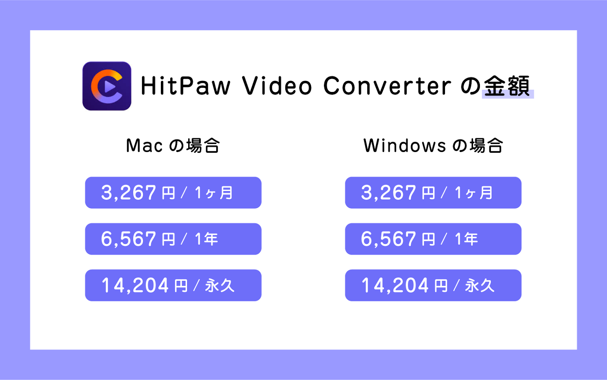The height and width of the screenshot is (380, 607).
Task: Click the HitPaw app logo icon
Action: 107,86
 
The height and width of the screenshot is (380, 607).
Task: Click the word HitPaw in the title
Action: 186,86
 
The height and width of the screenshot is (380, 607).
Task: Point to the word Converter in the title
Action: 387,86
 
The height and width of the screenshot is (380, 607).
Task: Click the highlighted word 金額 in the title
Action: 507,86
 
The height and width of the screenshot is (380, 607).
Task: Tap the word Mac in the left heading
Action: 145,146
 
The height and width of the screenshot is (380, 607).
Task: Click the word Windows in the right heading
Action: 404,146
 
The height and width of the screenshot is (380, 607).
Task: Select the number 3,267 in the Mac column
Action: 129,193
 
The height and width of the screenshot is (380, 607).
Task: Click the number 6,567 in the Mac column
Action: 129,239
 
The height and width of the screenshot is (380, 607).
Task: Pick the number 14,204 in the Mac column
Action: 135,285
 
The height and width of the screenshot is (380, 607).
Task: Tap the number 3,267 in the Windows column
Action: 388,193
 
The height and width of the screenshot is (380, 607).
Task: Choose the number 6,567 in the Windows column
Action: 388,239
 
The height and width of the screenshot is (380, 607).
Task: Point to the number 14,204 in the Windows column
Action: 395,285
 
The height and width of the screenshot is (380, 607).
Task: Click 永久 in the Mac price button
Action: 220,285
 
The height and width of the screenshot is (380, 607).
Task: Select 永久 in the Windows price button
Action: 480,285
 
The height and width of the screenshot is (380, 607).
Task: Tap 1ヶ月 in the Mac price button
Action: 214,193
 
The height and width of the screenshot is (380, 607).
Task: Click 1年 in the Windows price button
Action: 466,239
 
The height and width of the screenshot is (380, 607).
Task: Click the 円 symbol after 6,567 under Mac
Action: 168,240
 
